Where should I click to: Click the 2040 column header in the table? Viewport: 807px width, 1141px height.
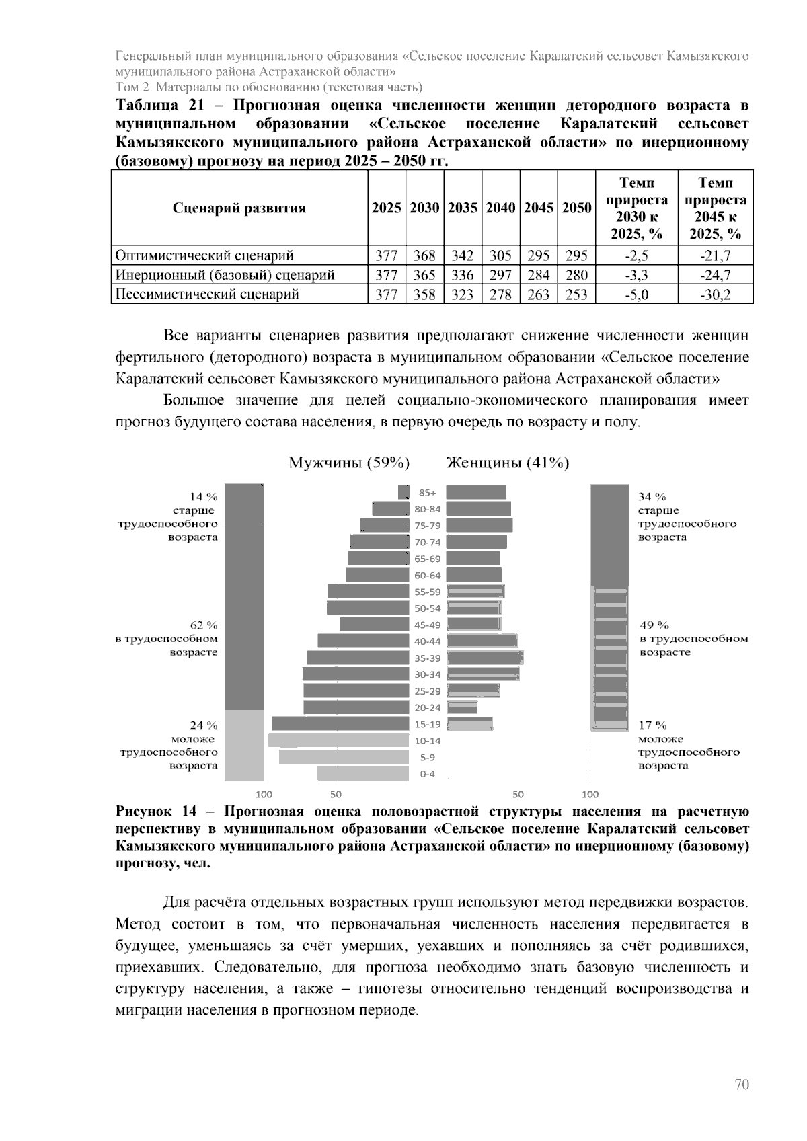(x=500, y=208)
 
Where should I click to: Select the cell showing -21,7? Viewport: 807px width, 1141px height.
(x=715, y=255)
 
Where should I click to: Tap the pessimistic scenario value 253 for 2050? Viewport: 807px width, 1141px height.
(x=576, y=294)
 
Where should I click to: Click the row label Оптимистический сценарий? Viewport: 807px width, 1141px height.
(x=205, y=255)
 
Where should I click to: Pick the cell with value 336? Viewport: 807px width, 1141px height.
(x=462, y=275)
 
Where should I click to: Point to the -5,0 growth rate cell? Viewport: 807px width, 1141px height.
(x=636, y=294)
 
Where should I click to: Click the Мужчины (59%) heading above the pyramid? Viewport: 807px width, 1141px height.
(x=350, y=463)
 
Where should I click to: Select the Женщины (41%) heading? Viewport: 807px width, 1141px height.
(x=508, y=463)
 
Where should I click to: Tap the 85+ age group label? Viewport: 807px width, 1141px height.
(x=428, y=492)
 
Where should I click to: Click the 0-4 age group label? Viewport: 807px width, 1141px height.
(x=428, y=774)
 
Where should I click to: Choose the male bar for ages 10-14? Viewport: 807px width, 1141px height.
(x=338, y=740)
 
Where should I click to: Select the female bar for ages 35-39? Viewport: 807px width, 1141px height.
(x=485, y=658)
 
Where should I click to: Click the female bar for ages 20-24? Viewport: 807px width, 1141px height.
(x=462, y=707)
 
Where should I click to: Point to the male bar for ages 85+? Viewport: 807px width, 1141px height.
(x=403, y=492)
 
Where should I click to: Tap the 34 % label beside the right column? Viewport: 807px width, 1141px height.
(x=652, y=497)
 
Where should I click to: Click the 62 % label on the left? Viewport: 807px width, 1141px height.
(x=204, y=625)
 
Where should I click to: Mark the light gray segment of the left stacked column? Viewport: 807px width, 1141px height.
(x=244, y=745)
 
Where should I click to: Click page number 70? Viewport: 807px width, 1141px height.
(x=742, y=1085)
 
